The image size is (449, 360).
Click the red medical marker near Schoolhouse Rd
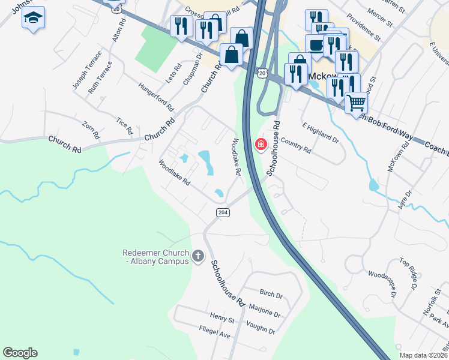[261, 144]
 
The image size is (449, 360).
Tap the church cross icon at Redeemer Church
[198, 257]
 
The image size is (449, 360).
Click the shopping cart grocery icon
[357, 103]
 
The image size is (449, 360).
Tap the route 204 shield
[223, 213]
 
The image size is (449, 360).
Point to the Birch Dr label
[271, 295]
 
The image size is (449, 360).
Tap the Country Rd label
[296, 146]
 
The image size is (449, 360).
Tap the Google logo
[20, 353]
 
